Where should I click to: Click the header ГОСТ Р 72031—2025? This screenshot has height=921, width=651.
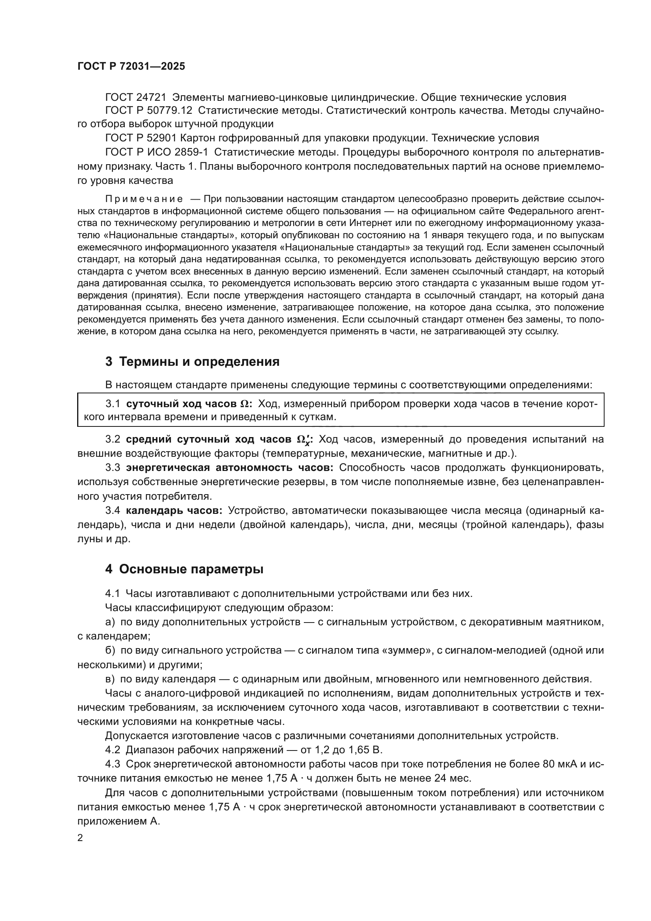pyautogui.click(x=131, y=67)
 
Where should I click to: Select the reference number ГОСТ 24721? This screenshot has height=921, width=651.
pyautogui.click(x=135, y=98)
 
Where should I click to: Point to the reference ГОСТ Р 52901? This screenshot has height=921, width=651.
pyautogui.click(x=140, y=138)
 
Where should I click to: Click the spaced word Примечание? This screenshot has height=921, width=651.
pyautogui.click(x=144, y=199)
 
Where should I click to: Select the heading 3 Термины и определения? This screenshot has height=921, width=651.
pyautogui.click(x=192, y=362)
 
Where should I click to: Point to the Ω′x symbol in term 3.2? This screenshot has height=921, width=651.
pyautogui.click(x=303, y=440)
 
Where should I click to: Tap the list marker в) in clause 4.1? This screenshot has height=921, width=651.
pyautogui.click(x=110, y=679)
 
